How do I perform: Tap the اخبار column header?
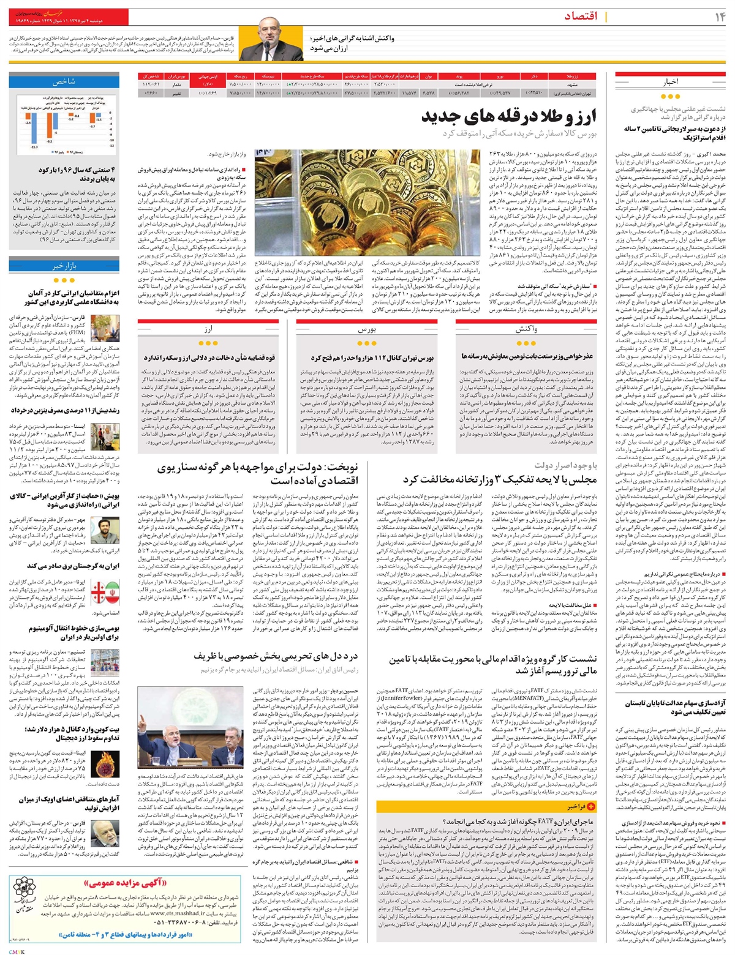tap(671, 81)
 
